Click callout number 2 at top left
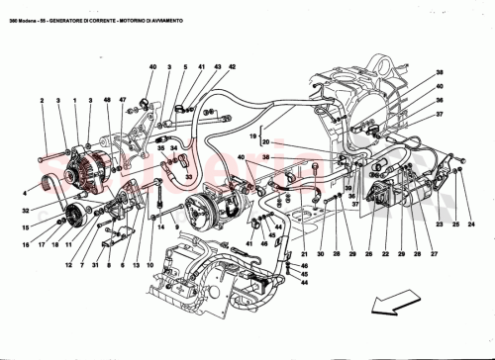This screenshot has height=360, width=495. [x=43, y=101]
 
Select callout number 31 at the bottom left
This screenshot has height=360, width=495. [x=92, y=266]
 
